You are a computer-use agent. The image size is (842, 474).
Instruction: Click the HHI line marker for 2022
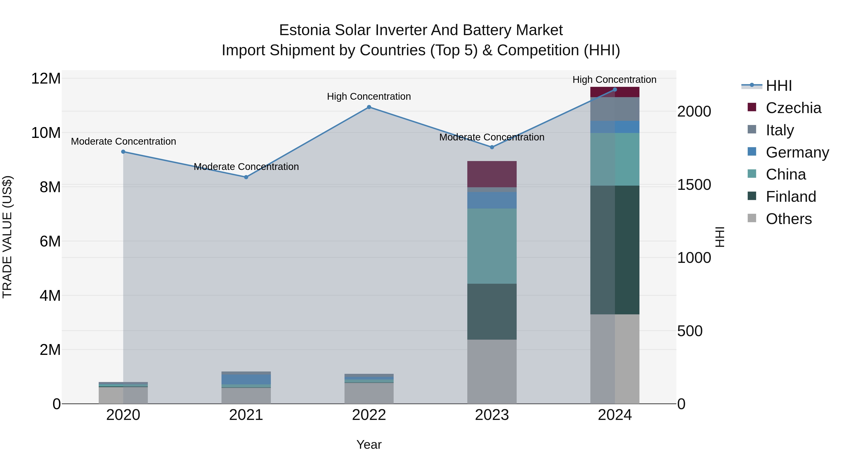pos(369,107)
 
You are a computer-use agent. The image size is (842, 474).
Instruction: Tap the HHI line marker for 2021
pos(246,177)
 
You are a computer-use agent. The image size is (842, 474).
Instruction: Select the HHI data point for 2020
pos(123,152)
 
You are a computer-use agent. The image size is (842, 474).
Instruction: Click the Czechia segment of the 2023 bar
pos(492,174)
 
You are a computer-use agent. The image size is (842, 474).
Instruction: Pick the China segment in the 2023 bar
pos(492,246)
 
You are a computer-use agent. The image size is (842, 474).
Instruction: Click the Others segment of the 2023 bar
pos(492,372)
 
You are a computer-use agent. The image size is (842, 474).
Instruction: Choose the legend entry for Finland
pos(791,197)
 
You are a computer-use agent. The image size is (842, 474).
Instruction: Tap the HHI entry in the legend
pos(779,86)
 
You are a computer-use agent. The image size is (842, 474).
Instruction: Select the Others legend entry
pos(788,219)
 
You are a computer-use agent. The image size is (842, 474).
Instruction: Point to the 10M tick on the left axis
pos(46,133)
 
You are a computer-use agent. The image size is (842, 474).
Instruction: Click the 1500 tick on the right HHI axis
pos(694,185)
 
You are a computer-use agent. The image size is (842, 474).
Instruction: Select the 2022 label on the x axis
pos(369,415)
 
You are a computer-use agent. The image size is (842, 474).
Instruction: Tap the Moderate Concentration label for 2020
pos(123,141)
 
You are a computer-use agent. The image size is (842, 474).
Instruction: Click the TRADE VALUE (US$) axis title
pos(7,237)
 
